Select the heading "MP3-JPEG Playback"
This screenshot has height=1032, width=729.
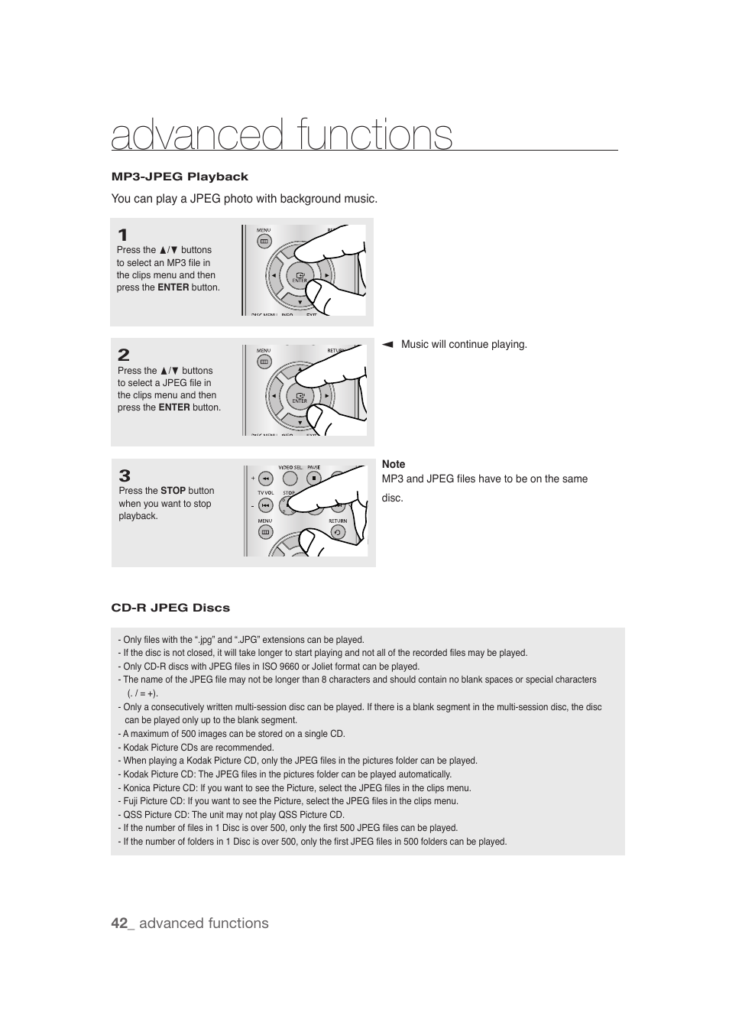180,177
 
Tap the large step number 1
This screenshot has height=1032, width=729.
122,235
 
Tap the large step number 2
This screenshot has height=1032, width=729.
123,355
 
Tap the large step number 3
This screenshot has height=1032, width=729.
125,475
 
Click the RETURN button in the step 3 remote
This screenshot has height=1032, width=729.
338,532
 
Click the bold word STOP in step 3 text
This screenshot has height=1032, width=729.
173,491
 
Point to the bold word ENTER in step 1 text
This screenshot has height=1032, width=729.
173,287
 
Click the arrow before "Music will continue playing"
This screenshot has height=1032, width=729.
387,345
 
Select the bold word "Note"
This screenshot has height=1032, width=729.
394,464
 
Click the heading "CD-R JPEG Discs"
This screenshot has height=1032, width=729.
170,608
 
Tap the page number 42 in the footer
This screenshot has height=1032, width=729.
118,923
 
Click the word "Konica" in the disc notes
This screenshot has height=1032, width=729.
137,788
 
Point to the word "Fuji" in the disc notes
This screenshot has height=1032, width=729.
131,801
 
